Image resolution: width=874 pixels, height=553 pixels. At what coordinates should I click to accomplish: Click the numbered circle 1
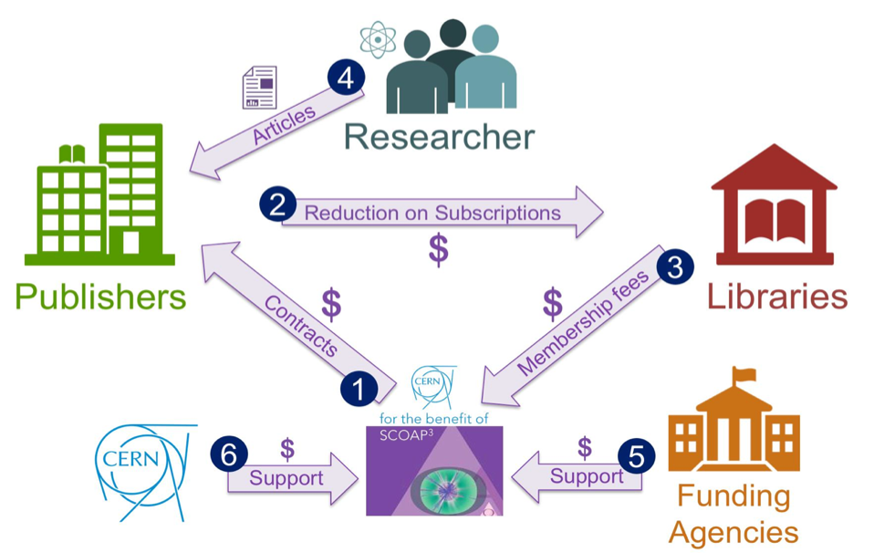click(x=358, y=390)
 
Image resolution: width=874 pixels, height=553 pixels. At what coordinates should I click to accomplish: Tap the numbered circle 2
click(x=276, y=203)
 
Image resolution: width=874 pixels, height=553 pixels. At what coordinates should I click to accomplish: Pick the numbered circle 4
click(x=345, y=78)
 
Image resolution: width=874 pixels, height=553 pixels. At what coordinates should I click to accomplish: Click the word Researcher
click(x=439, y=138)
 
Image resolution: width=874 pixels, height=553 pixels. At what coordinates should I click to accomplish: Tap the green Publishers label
click(x=100, y=297)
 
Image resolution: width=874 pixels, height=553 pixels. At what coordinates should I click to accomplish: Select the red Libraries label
click(x=778, y=297)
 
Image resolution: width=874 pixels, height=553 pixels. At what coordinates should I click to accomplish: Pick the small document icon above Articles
click(x=259, y=88)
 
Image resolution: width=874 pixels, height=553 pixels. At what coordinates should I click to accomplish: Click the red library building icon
click(x=775, y=205)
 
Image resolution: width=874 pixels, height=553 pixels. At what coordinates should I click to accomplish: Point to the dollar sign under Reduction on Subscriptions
click(x=439, y=249)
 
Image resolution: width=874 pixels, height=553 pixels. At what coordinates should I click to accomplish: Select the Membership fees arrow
click(x=584, y=325)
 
